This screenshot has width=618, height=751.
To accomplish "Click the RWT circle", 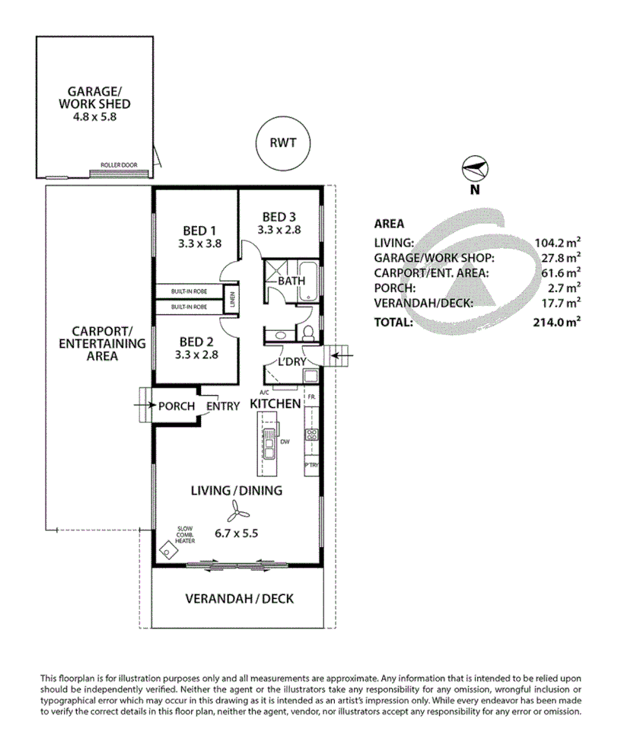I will (282, 142).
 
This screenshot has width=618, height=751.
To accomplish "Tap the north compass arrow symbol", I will (474, 168).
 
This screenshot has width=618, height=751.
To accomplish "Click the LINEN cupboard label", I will (231, 298).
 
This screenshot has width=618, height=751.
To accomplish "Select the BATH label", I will (291, 281).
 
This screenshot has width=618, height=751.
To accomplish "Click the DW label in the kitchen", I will (283, 441).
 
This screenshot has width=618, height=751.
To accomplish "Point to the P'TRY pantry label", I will (311, 464).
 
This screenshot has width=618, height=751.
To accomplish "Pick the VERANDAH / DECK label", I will (239, 599).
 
